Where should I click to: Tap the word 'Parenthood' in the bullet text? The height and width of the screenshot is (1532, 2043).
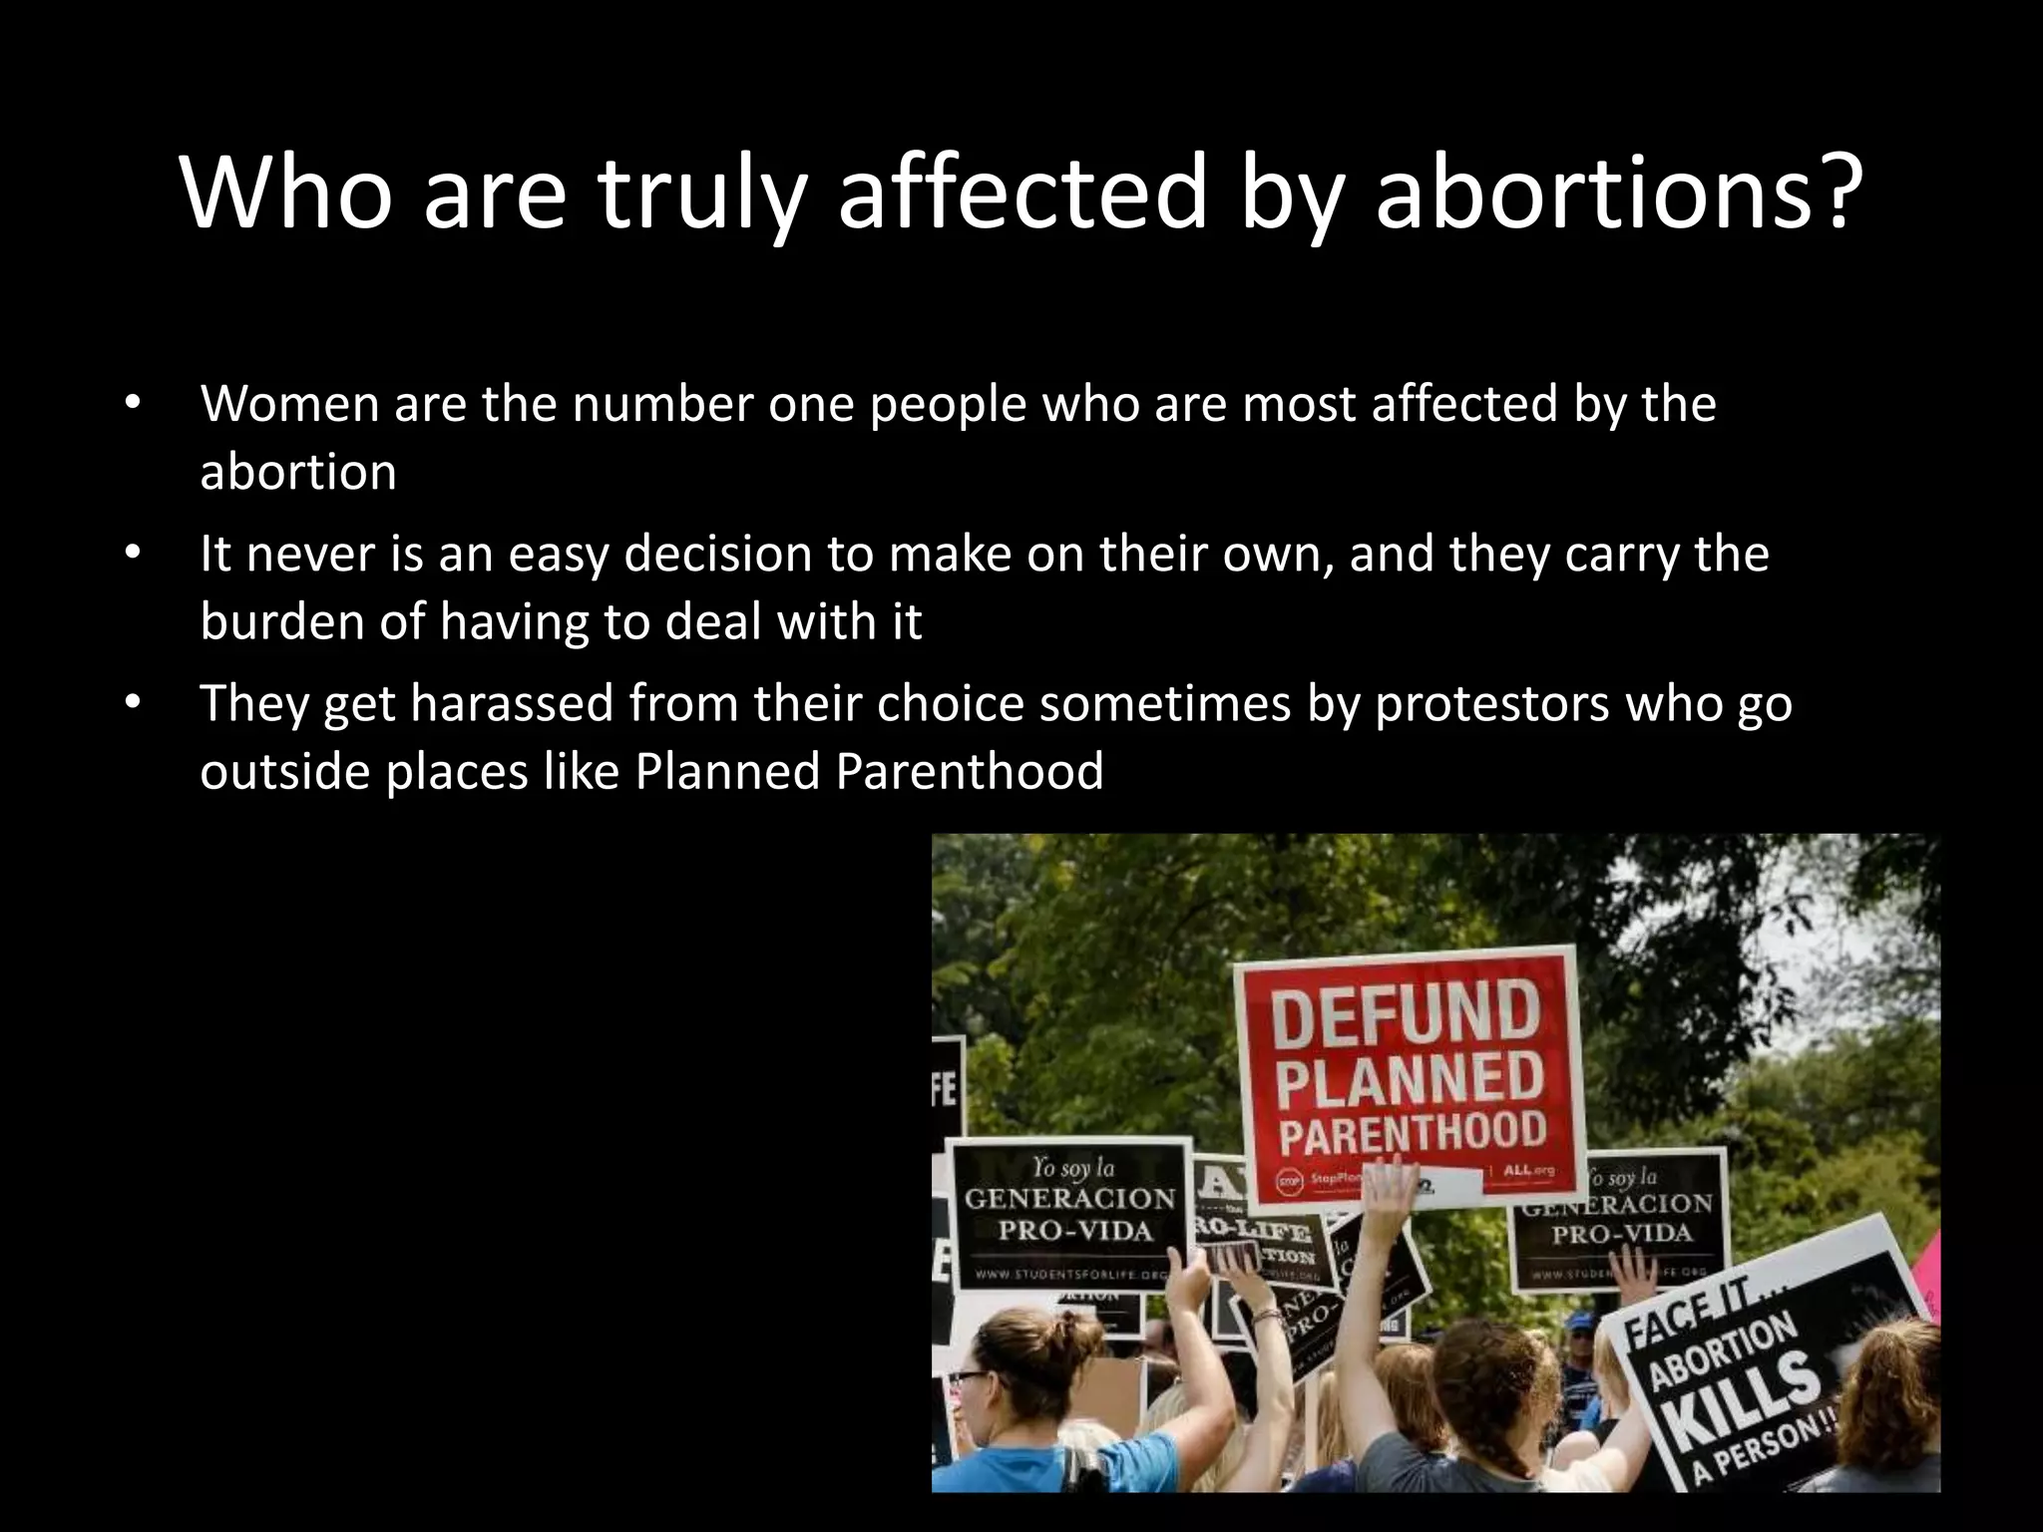point(970,771)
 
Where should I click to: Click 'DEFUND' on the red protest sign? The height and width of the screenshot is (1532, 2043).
point(1407,1013)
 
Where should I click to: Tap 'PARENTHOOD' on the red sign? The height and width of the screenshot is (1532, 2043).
point(1412,1133)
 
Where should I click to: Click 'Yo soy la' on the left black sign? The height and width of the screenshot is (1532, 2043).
point(1072,1167)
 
